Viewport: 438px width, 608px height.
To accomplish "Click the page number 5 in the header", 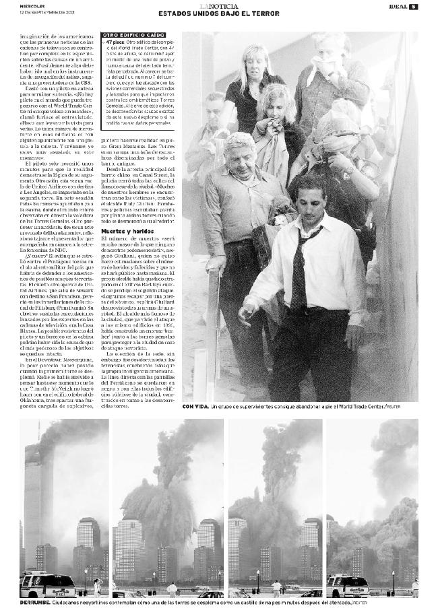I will pos(414,7).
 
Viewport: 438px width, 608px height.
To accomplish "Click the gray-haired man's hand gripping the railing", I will pos(214,263).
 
